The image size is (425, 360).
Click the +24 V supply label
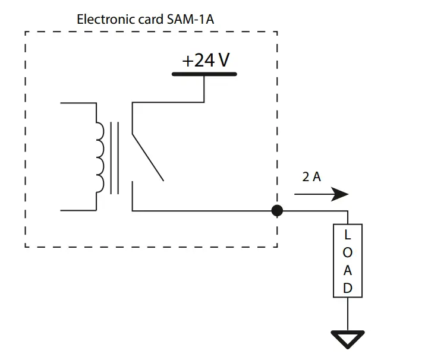(x=205, y=61)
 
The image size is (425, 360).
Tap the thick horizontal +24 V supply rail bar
(x=204, y=74)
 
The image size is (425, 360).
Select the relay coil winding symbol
(x=99, y=156)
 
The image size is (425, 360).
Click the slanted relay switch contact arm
(x=147, y=157)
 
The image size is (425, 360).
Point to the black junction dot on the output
(x=276, y=210)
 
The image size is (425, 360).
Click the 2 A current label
(x=311, y=177)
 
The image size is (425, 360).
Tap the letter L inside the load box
(x=348, y=235)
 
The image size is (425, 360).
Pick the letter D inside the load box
(x=348, y=288)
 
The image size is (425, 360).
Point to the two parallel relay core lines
(x=114, y=157)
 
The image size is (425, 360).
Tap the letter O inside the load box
(x=348, y=252)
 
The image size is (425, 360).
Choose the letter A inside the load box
(x=348, y=270)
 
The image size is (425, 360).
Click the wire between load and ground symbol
(x=348, y=314)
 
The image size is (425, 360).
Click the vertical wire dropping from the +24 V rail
(x=204, y=89)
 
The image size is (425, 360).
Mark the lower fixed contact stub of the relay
(x=132, y=197)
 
